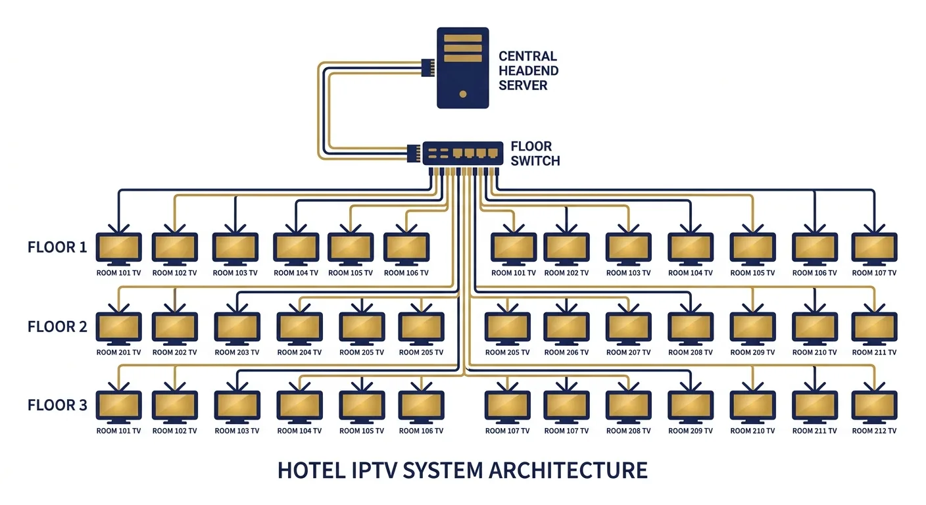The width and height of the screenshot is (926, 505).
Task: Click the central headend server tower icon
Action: tap(463, 67)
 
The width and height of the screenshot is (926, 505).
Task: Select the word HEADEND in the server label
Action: tap(528, 70)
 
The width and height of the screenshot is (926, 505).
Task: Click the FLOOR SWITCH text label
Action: tap(535, 153)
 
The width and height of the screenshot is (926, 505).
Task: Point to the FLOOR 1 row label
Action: tap(57, 247)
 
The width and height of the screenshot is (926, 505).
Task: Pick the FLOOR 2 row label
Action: tap(57, 326)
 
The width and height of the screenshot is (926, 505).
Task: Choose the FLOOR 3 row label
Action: tap(57, 405)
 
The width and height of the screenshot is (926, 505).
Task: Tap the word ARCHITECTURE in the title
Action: tap(559, 470)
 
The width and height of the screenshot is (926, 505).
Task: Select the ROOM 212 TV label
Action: tap(874, 431)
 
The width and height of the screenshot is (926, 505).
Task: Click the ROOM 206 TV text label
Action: tap(566, 352)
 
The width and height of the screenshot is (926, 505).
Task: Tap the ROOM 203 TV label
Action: tap(237, 352)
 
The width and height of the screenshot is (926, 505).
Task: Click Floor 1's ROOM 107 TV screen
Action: tap(874, 247)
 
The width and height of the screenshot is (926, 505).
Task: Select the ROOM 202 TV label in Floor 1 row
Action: tap(566, 273)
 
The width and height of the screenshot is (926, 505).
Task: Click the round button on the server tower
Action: tap(463, 93)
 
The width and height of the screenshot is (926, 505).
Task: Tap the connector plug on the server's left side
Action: tap(427, 67)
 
